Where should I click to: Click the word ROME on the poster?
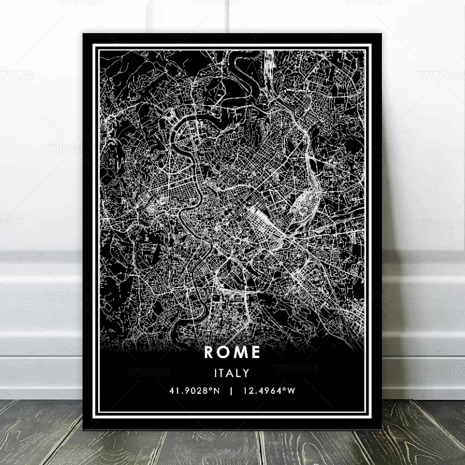(233, 353)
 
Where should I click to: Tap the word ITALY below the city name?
(233, 373)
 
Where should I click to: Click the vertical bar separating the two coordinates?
(232, 391)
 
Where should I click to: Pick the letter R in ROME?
(209, 353)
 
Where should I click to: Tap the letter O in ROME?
(224, 353)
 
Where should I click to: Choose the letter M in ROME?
(240, 353)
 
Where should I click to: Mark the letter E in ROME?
(255, 353)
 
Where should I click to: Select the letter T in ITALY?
(224, 373)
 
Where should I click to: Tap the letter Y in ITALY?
(248, 373)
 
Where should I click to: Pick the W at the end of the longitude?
(292, 391)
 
